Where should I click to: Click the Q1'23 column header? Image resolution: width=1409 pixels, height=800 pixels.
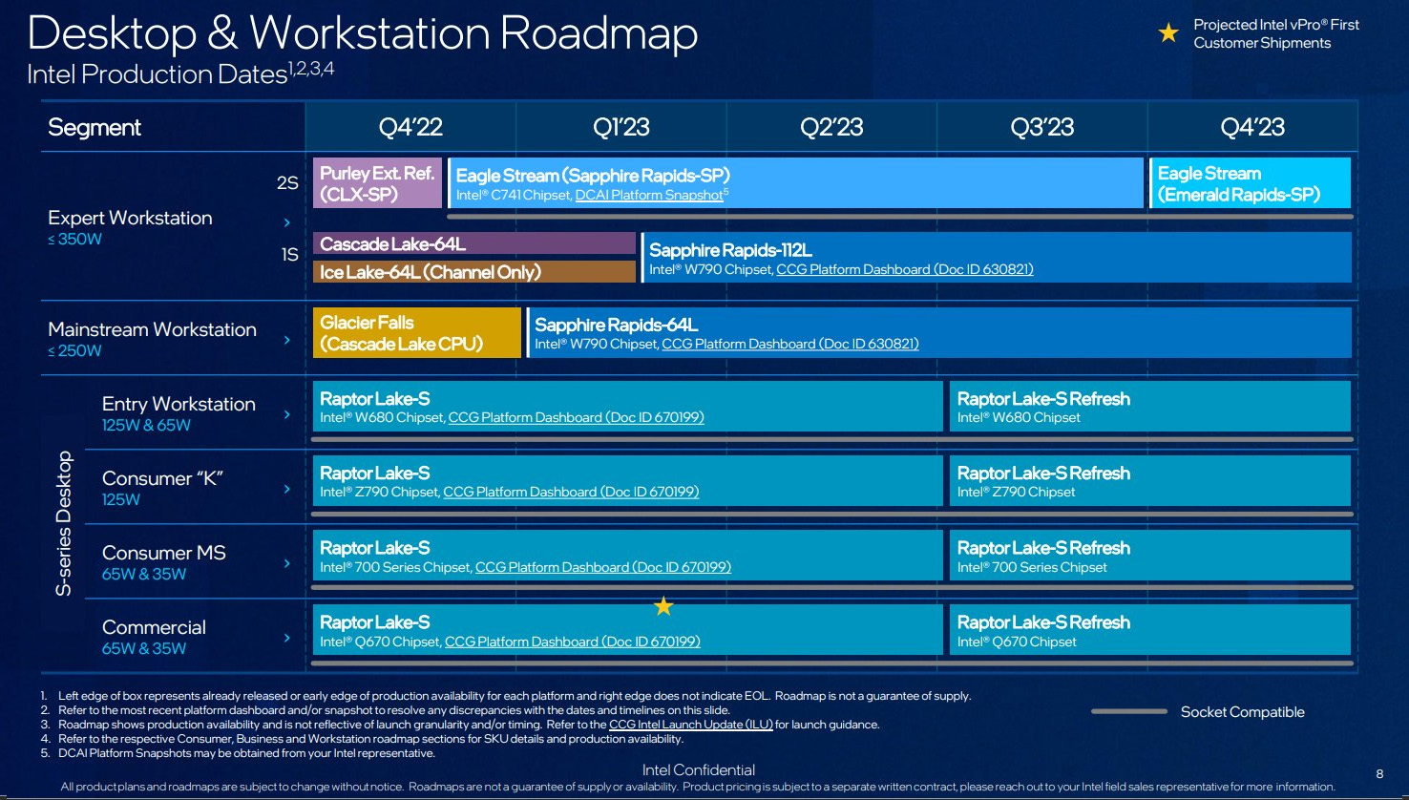(620, 127)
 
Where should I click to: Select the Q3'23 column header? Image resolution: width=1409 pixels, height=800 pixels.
(1041, 127)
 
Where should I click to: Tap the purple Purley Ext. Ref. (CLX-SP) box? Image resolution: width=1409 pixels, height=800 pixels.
(377, 183)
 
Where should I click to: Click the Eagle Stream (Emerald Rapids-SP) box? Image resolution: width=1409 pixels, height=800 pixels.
(1250, 183)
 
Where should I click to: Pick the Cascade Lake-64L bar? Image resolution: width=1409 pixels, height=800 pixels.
(474, 243)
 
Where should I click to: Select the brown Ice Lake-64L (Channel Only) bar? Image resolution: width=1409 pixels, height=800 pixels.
(474, 272)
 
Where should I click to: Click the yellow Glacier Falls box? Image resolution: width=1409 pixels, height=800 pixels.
(417, 333)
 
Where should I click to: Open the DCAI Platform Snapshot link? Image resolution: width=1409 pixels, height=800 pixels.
(649, 195)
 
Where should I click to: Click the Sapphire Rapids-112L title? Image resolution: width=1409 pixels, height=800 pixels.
(730, 250)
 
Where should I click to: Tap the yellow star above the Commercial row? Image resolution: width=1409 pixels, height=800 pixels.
(663, 606)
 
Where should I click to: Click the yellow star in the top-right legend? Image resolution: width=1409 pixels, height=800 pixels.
(1168, 32)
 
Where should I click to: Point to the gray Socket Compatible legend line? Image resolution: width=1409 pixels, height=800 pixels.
(1129, 711)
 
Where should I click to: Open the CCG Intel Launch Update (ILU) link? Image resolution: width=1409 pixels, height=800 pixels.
(691, 725)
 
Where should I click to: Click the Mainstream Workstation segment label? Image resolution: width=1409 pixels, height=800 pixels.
(152, 329)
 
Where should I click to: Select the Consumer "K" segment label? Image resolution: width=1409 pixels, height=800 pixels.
(162, 478)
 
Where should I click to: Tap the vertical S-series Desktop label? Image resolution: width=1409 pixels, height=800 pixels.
(64, 523)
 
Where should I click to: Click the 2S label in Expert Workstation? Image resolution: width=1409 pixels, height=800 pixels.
(287, 183)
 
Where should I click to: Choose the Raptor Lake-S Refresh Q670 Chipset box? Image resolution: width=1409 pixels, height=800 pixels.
(1150, 629)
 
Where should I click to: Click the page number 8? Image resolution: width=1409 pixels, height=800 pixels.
(1379, 773)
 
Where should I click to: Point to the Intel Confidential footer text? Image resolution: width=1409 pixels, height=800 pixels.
(698, 770)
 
